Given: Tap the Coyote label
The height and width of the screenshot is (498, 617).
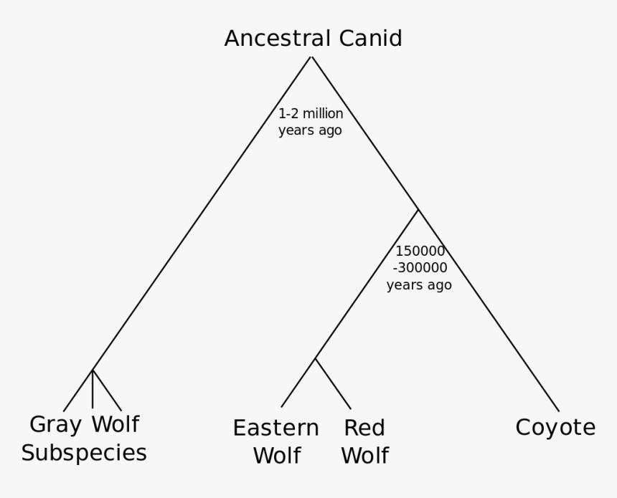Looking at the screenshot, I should (x=555, y=428).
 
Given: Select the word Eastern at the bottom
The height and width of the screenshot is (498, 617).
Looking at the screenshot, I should (x=275, y=428).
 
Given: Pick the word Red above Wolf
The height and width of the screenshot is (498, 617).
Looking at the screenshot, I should (x=364, y=428).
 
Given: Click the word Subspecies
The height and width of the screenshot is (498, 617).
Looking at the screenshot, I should (x=84, y=454).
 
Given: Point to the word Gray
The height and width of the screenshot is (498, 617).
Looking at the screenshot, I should (x=55, y=425).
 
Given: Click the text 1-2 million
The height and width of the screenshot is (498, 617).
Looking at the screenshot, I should (x=311, y=114).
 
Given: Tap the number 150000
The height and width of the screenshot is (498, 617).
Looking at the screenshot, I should (x=420, y=252).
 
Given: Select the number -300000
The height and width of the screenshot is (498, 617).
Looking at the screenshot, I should (x=420, y=268).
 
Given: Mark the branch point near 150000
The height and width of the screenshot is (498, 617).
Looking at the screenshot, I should (x=418, y=210).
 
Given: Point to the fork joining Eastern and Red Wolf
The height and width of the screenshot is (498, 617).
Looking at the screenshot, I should (x=315, y=358).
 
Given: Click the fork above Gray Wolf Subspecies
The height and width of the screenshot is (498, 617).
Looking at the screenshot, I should (x=93, y=370).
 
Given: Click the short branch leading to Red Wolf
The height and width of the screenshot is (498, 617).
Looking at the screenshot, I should (x=334, y=385).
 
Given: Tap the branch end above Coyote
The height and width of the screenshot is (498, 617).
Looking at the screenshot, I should (x=558, y=411).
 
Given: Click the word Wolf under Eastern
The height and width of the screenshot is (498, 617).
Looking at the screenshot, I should (x=275, y=456).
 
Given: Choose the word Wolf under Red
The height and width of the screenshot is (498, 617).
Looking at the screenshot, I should (x=364, y=456).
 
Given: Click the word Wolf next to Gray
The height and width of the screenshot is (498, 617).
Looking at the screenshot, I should (x=115, y=425).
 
